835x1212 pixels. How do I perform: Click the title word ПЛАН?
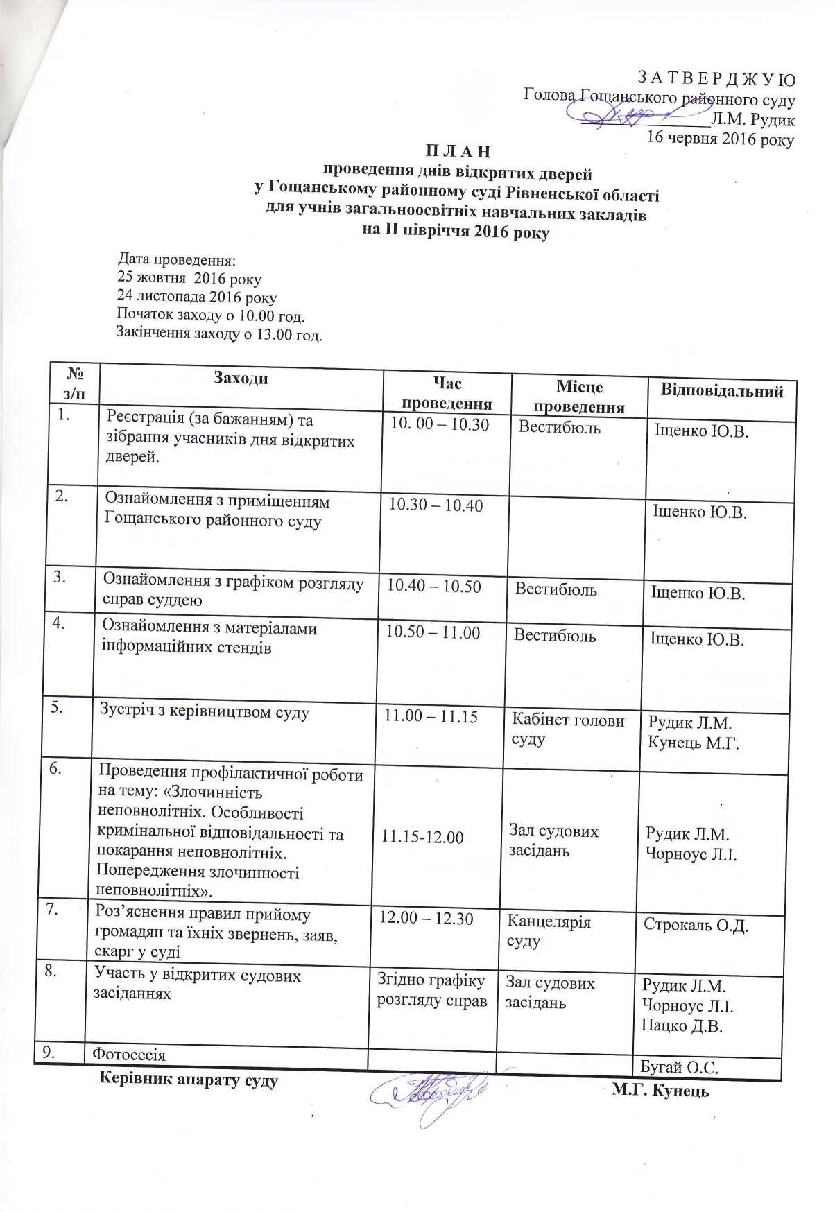click(x=458, y=150)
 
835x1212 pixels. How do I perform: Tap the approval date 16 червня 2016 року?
click(x=721, y=137)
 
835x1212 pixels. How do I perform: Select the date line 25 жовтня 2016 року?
click(x=189, y=280)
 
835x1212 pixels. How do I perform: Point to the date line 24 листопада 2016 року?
click(x=197, y=298)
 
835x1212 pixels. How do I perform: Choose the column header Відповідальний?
click(x=721, y=391)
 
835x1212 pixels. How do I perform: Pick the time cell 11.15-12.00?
click(x=422, y=837)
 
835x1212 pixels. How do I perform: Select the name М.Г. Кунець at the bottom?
click(x=660, y=1091)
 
